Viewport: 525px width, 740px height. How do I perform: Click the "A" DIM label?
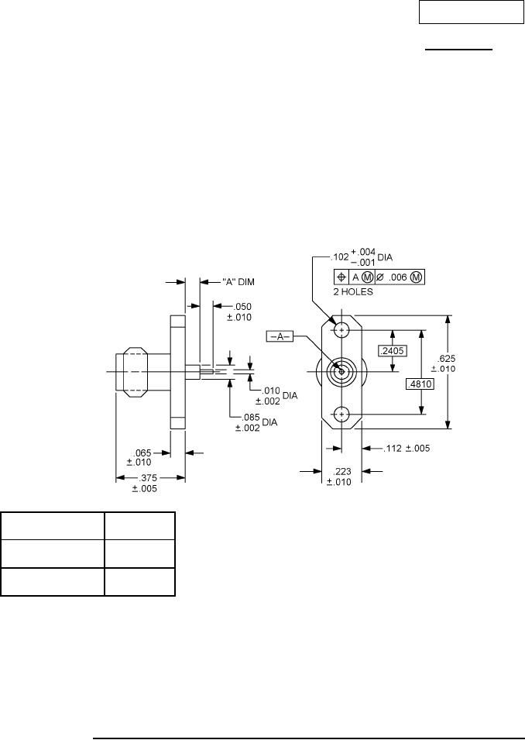point(238,282)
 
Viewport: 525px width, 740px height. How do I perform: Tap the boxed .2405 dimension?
point(393,350)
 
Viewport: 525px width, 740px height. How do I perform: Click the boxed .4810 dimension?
point(420,384)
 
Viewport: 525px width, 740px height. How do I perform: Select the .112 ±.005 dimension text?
point(406,448)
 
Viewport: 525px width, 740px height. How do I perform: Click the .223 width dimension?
point(340,477)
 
